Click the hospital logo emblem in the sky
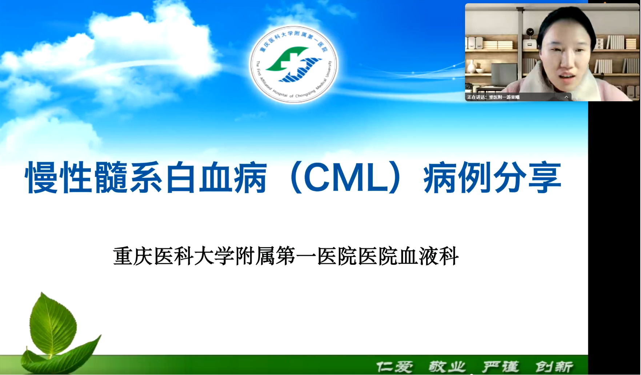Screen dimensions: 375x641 click(293, 64)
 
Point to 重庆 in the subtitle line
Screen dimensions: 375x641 click(133, 256)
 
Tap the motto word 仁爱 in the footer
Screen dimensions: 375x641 click(394, 367)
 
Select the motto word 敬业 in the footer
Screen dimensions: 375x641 click(447, 367)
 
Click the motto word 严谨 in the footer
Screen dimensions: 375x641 click(501, 367)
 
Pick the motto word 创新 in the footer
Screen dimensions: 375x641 click(554, 367)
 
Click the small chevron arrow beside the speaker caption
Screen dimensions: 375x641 click(566, 97)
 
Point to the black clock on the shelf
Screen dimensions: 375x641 click(530, 32)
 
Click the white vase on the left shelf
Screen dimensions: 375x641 click(471, 67)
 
